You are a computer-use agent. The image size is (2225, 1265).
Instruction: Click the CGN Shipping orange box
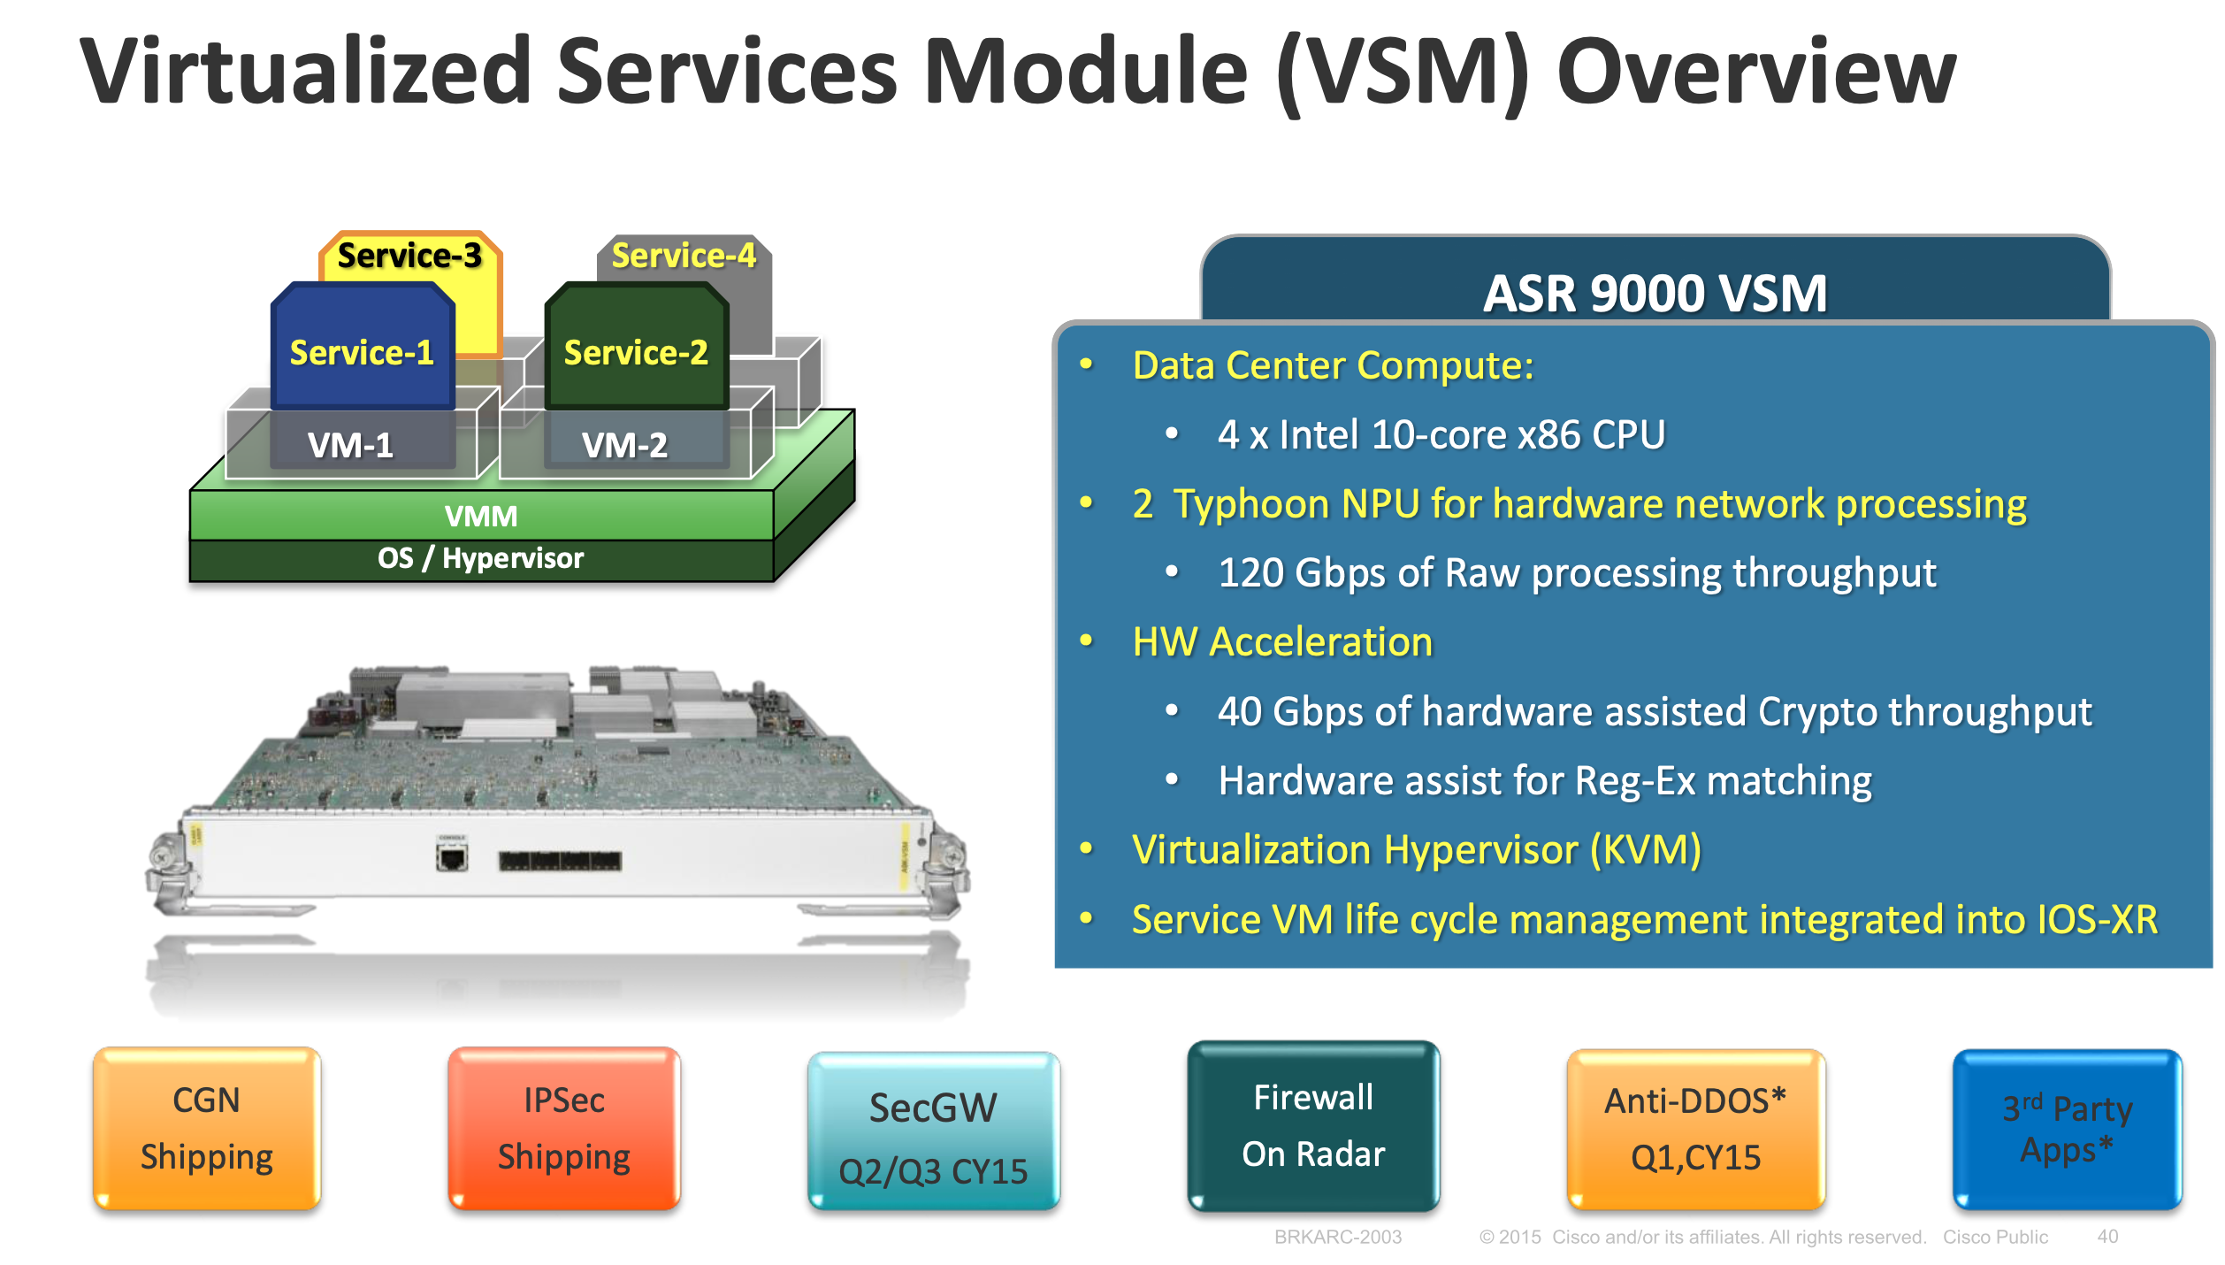tap(206, 1128)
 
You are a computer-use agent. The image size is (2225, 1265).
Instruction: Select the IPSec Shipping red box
tap(563, 1128)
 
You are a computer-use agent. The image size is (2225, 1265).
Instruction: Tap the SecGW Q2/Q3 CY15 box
tap(933, 1132)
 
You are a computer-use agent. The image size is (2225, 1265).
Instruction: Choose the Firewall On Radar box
tap(1313, 1125)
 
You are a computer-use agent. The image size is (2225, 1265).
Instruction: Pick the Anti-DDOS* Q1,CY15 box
tap(1695, 1129)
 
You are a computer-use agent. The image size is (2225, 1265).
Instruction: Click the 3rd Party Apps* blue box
tap(2067, 1129)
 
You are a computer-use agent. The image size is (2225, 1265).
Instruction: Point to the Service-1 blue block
tap(362, 352)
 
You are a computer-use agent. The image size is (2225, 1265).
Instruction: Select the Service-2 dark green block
tap(636, 352)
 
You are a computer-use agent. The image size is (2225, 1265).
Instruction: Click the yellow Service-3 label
tap(409, 256)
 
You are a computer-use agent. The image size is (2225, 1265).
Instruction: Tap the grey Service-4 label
tap(684, 256)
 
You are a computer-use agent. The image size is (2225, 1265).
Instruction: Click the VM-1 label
tap(351, 445)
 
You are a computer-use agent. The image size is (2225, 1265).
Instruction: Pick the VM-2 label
tap(624, 445)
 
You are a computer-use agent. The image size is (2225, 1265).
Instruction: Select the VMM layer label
tap(481, 516)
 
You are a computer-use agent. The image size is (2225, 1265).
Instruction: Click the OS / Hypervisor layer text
tap(481, 558)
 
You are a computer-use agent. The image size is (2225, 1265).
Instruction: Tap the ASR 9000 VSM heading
tap(1655, 293)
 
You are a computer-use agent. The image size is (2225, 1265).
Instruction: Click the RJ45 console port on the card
tap(452, 857)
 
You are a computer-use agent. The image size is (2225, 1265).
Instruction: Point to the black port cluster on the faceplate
tap(560, 861)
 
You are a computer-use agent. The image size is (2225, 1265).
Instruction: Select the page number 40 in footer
tap(2107, 1237)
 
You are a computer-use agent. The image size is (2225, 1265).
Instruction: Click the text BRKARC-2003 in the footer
tap(1337, 1237)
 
